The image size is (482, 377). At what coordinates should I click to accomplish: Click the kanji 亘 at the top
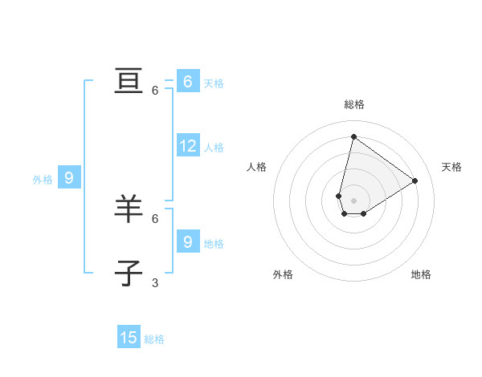coord(129,82)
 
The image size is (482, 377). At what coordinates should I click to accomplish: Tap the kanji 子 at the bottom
coord(129,273)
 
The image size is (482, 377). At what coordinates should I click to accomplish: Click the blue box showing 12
coord(188,146)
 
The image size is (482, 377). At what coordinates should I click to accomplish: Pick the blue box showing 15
coord(129,338)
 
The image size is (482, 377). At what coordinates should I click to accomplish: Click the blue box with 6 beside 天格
coord(188,82)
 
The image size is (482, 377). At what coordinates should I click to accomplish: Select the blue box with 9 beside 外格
coord(69,178)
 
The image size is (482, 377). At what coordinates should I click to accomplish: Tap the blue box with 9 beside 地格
coord(188,241)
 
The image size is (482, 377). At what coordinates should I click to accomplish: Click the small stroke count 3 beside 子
coord(155,282)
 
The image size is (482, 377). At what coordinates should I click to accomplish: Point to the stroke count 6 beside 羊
coord(155,218)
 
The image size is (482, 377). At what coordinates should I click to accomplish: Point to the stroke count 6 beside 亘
coord(155,91)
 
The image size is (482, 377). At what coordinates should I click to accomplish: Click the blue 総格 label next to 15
coord(154,339)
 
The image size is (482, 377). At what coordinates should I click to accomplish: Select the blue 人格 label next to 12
coord(214,148)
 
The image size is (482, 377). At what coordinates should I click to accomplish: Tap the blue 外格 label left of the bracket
coord(43,180)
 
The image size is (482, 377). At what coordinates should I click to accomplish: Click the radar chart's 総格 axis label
coord(354,104)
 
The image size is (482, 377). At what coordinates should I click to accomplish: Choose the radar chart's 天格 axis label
coord(451,167)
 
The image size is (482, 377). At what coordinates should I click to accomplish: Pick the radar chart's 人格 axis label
coord(256,167)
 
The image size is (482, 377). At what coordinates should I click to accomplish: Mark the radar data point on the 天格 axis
coord(415,180)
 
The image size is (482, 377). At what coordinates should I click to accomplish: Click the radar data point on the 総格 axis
coord(353,136)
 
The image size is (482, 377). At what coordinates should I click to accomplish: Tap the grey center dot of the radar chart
coord(353,201)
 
